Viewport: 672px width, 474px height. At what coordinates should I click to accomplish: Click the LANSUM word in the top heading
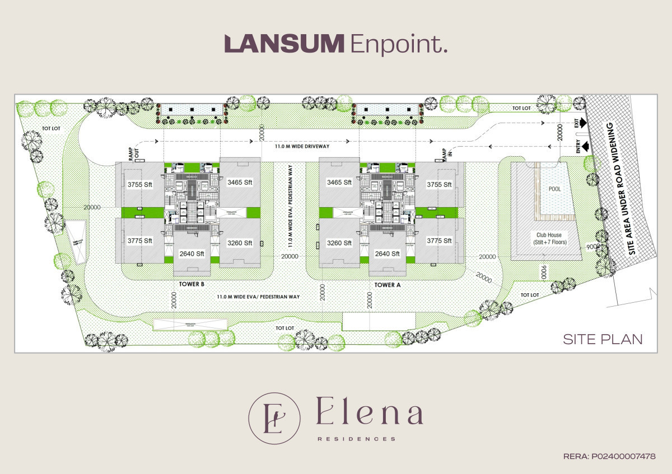coord(284,44)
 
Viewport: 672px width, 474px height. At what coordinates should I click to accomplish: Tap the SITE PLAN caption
coord(603,339)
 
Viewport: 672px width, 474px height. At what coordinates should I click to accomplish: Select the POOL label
coord(554,189)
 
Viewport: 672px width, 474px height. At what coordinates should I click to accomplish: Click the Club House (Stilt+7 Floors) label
coord(549,238)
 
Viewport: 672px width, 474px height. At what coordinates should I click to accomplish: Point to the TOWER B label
coord(192,284)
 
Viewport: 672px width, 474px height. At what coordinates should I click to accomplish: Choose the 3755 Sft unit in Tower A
coord(439,185)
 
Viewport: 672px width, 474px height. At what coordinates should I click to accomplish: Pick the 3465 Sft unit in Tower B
coord(240,182)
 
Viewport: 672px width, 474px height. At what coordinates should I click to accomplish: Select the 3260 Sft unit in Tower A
coord(339,243)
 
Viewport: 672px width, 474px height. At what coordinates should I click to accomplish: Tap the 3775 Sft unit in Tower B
coord(140,241)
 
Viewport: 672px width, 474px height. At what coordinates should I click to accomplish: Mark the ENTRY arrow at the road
coord(585,147)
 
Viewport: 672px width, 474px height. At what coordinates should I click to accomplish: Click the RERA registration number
coord(609,457)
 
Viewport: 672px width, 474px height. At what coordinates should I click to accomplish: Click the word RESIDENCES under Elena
coord(357,439)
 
